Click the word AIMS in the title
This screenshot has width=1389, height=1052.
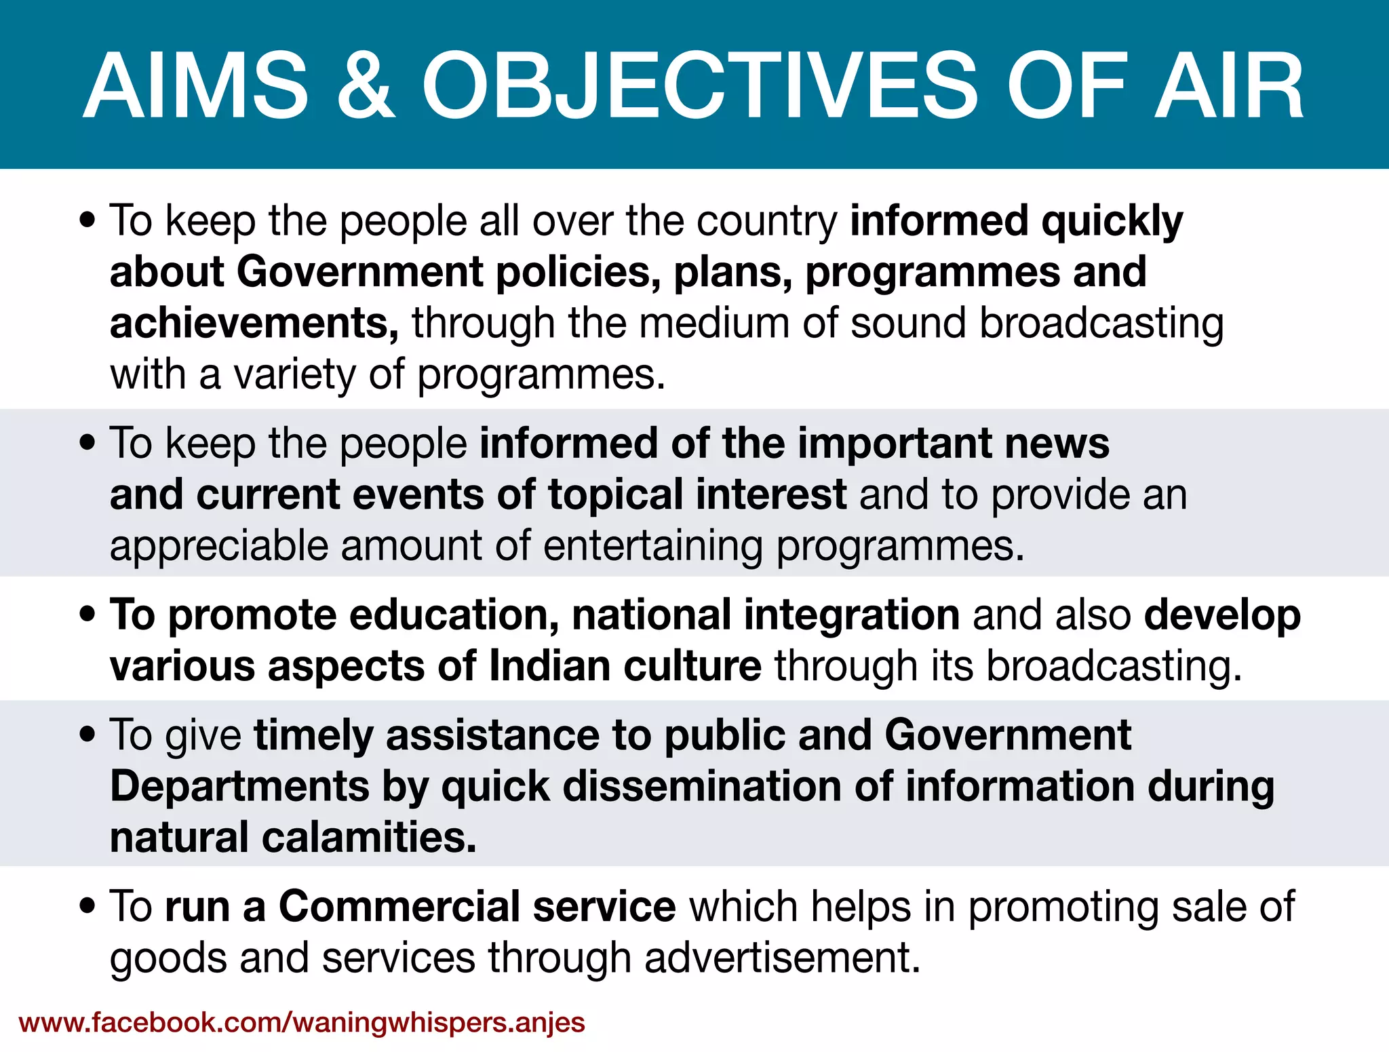[196, 87]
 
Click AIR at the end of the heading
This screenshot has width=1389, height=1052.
[1228, 87]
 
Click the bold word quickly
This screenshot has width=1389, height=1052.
[1112, 221]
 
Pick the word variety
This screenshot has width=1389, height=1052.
[294, 374]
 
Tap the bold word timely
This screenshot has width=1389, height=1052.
[313, 735]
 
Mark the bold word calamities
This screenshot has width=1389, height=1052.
[370, 838]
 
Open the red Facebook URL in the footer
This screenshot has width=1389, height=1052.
[302, 1022]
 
